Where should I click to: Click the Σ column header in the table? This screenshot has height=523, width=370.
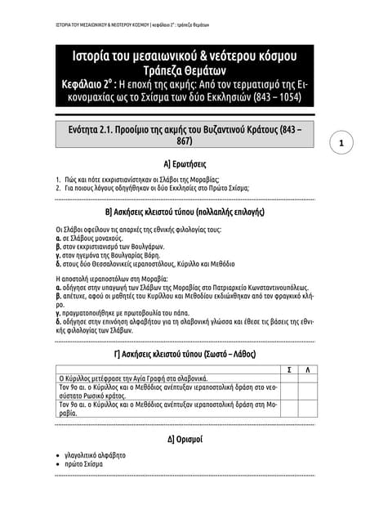click(283, 370)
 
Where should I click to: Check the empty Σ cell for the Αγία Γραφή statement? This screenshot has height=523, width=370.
click(283, 379)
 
